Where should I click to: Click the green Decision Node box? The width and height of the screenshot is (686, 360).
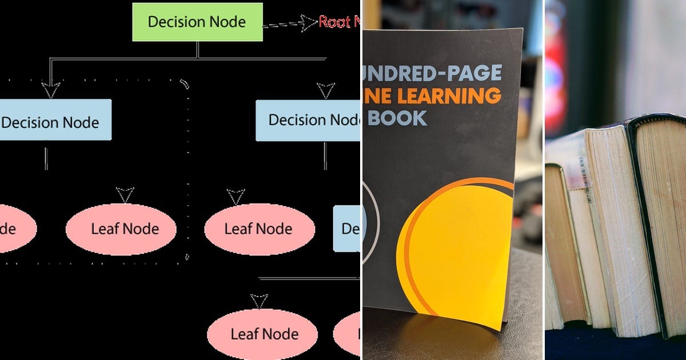197,22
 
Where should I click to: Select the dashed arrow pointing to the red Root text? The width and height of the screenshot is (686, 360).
289,23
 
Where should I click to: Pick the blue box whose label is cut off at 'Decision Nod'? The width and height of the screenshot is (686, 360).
308,120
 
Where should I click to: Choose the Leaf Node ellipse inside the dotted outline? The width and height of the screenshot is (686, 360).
121,229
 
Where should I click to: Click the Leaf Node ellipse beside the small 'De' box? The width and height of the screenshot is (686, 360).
259,229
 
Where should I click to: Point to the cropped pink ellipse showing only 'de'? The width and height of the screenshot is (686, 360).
14,229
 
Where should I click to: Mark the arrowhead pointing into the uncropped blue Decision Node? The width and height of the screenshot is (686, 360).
50,90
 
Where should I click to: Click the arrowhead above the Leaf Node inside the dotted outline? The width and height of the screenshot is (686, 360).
125,194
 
